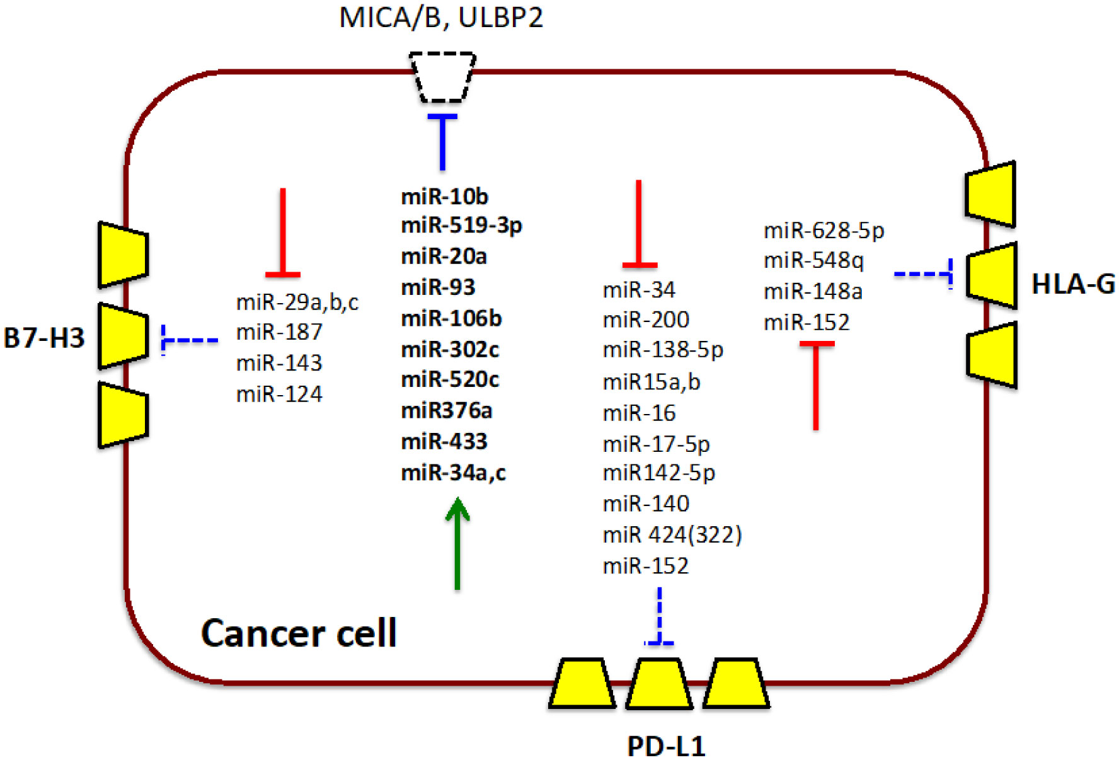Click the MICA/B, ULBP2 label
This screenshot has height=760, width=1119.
click(440, 18)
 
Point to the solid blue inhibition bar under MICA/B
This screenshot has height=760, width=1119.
click(442, 141)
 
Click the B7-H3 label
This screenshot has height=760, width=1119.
click(43, 338)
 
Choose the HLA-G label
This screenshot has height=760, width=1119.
click(1072, 285)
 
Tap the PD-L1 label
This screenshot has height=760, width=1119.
click(666, 746)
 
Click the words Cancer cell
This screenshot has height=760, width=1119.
click(299, 633)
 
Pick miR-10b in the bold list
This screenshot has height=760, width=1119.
click(444, 197)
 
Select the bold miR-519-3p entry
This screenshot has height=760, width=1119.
click(461, 226)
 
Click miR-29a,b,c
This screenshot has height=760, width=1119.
click(297, 302)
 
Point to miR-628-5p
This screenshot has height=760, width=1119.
click(823, 231)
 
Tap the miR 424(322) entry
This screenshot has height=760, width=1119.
click(672, 535)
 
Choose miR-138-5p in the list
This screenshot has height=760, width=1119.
click(662, 350)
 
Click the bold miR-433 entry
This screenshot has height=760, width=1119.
click(444, 442)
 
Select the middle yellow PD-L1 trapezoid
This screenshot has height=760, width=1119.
click(659, 683)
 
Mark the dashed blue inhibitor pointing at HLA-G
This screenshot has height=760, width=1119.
click(923, 274)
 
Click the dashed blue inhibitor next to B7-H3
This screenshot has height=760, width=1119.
click(190, 340)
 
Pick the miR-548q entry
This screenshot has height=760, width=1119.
click(813, 260)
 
